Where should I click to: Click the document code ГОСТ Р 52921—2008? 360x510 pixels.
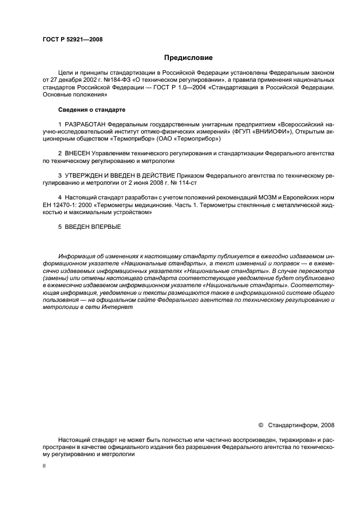72,39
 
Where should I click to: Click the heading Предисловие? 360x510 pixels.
188,57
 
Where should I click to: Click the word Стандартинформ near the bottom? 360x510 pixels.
290,424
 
